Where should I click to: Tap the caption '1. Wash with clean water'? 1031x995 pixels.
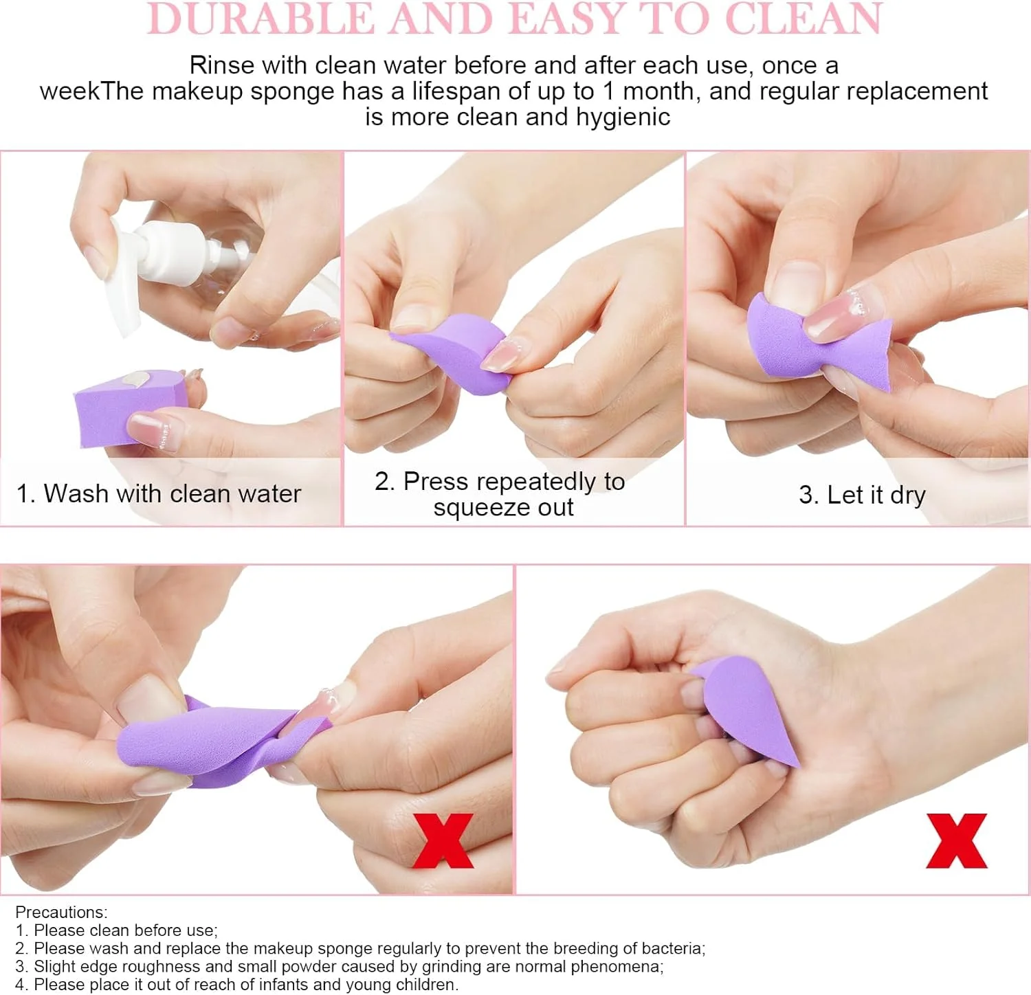pyautogui.click(x=159, y=493)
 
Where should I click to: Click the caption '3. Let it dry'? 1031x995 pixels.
pyautogui.click(x=862, y=495)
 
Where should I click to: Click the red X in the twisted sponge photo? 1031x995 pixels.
pyautogui.click(x=443, y=840)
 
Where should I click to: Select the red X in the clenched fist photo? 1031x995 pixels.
pyautogui.click(x=957, y=840)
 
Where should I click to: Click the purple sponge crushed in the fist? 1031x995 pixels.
pyautogui.click(x=746, y=708)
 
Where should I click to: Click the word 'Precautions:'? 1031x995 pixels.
pyautogui.click(x=62, y=912)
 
